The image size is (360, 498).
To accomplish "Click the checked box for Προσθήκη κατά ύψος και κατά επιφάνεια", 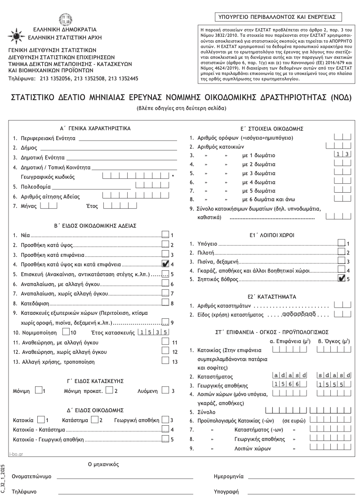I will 165,264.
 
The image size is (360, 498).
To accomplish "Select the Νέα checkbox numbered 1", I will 165,235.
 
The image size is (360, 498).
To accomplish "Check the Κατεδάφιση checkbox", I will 165,303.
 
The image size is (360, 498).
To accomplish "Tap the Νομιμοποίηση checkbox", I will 66,332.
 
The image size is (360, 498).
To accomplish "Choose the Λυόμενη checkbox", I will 165,391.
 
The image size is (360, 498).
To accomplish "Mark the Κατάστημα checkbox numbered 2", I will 94,420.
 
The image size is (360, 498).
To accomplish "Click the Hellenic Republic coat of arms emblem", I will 66,19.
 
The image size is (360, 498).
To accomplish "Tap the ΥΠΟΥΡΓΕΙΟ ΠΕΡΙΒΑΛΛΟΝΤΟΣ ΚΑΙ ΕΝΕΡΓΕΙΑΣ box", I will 277,17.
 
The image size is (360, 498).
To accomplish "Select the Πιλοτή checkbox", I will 342,252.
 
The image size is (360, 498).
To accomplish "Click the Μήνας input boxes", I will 49,207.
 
